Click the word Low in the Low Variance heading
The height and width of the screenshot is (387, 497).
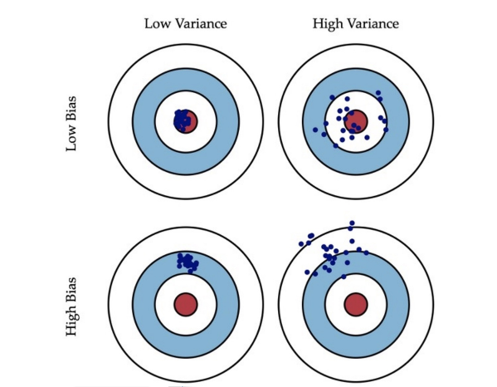pyautogui.click(x=157, y=24)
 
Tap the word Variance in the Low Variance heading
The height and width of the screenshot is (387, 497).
pyautogui.click(x=201, y=24)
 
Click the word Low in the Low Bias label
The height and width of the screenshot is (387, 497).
pyautogui.click(x=71, y=139)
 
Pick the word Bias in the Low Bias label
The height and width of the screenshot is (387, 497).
pyautogui.click(x=71, y=109)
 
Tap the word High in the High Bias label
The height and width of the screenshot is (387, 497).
pyautogui.click(x=71, y=322)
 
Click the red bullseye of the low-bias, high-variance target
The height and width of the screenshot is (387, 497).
pyautogui.click(x=356, y=121)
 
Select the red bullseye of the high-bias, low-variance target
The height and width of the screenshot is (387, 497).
pyautogui.click(x=186, y=305)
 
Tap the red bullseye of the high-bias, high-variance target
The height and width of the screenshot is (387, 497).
pyautogui.click(x=356, y=305)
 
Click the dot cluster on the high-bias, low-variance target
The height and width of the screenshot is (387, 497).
pyautogui.click(x=188, y=263)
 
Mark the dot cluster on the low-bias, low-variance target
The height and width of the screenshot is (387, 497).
pyautogui.click(x=182, y=120)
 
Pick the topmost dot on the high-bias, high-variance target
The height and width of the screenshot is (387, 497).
pyautogui.click(x=352, y=223)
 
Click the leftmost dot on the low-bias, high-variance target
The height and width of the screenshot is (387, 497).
pyautogui.click(x=315, y=130)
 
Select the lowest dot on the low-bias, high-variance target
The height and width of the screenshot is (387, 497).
pyautogui.click(x=336, y=145)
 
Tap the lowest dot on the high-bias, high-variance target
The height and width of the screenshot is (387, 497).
pyautogui.click(x=344, y=277)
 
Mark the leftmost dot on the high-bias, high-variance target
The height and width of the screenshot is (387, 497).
pyautogui.click(x=301, y=244)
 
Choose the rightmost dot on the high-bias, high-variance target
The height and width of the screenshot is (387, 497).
pyautogui.click(x=367, y=252)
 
